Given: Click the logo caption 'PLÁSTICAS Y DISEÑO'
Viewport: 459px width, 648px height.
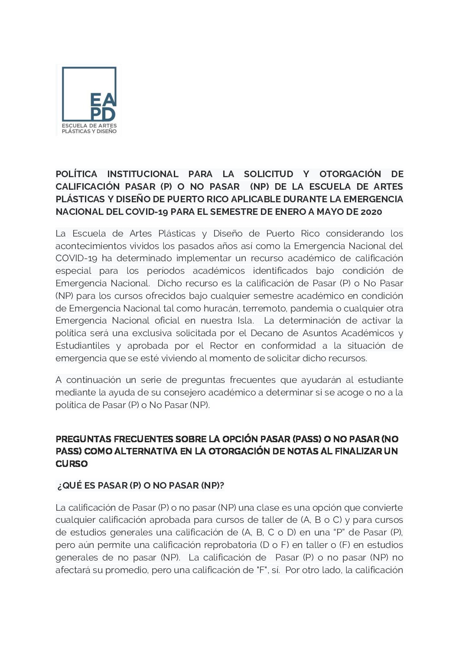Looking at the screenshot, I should pyautogui.click(x=89, y=131).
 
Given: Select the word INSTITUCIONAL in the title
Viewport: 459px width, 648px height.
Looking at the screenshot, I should pyautogui.click(x=143, y=174).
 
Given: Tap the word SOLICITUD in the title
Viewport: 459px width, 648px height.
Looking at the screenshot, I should pyautogui.click(x=268, y=174).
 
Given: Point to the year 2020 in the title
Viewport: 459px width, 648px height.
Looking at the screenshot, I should pyautogui.click(x=371, y=212).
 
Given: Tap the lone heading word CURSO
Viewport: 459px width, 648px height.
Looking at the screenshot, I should pyautogui.click(x=72, y=463).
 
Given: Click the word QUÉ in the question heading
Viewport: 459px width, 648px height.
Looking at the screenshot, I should pyautogui.click(x=72, y=486).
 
